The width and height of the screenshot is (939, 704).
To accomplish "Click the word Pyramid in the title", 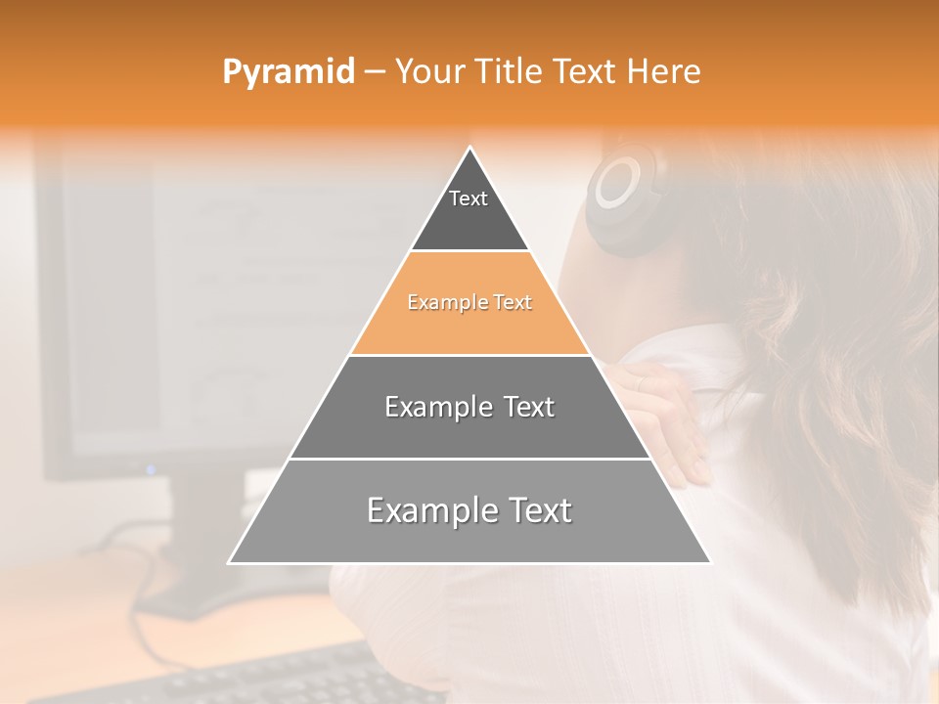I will click(288, 72).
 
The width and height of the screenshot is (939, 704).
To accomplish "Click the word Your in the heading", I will click(427, 71).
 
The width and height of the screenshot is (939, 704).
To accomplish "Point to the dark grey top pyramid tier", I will click(469, 220).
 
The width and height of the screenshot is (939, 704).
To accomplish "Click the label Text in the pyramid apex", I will click(469, 198).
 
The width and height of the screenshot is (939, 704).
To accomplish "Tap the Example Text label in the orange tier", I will click(469, 302).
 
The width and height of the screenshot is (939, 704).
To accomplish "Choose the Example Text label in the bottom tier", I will click(469, 510).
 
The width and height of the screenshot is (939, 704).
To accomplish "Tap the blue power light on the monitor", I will click(151, 469).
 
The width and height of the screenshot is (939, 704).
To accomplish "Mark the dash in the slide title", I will click(375, 72).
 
